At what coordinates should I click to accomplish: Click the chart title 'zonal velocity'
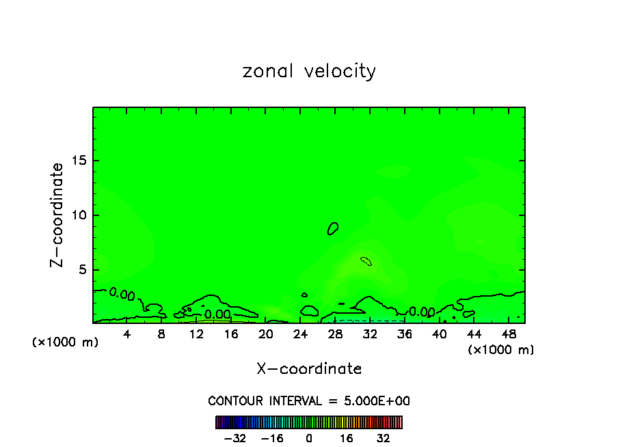(309, 71)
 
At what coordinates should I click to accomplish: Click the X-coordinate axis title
(309, 369)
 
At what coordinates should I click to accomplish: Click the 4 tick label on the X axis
(127, 334)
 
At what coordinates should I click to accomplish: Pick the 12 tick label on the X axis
(196, 334)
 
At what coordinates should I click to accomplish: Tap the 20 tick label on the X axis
(266, 334)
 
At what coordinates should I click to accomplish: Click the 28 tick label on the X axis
(335, 334)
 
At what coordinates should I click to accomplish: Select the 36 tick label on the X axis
(404, 334)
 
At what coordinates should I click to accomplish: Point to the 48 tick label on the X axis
(508, 334)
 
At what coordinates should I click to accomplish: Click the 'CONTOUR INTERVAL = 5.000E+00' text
(309, 401)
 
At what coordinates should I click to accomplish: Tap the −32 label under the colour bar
(235, 438)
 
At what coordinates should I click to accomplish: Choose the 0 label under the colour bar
(309, 438)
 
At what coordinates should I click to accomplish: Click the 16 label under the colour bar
(346, 438)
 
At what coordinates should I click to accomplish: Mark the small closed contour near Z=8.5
(333, 228)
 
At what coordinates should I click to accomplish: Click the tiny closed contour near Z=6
(366, 260)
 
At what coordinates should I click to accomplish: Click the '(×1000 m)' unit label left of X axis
(66, 342)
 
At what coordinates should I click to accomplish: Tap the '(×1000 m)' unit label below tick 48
(501, 350)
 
